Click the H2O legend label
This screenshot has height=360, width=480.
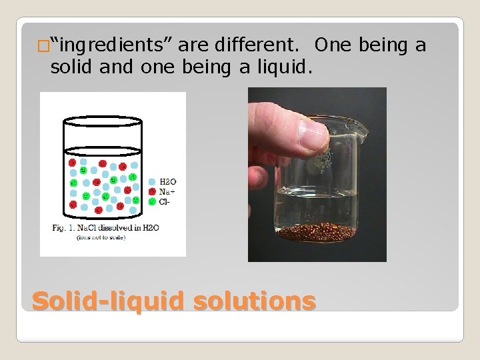coord(167,181)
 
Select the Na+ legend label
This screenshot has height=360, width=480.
coord(165,191)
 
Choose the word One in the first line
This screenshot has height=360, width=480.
coord(333,46)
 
